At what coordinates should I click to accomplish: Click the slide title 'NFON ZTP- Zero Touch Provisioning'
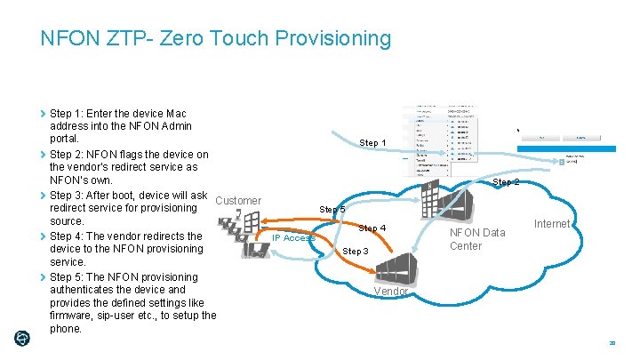coord(215,38)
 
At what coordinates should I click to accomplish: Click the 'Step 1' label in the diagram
coord(372,143)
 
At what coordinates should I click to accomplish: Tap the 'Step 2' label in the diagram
coord(506,182)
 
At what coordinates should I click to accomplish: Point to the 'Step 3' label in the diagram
coord(354,252)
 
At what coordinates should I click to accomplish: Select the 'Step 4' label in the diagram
coord(372,228)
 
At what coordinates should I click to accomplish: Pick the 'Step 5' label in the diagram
coord(332,210)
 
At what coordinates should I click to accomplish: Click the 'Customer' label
coord(238,201)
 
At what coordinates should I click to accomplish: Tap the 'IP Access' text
coord(293,238)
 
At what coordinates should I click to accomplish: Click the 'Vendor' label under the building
coord(390,292)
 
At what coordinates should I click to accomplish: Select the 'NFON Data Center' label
coord(477,239)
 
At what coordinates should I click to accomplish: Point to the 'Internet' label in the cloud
coord(551,224)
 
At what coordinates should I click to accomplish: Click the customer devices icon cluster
coord(245,236)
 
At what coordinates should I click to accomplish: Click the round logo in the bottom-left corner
coord(22,338)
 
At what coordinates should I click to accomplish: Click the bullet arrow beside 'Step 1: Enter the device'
coord(44,114)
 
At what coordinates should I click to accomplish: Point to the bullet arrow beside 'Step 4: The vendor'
coord(44,236)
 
